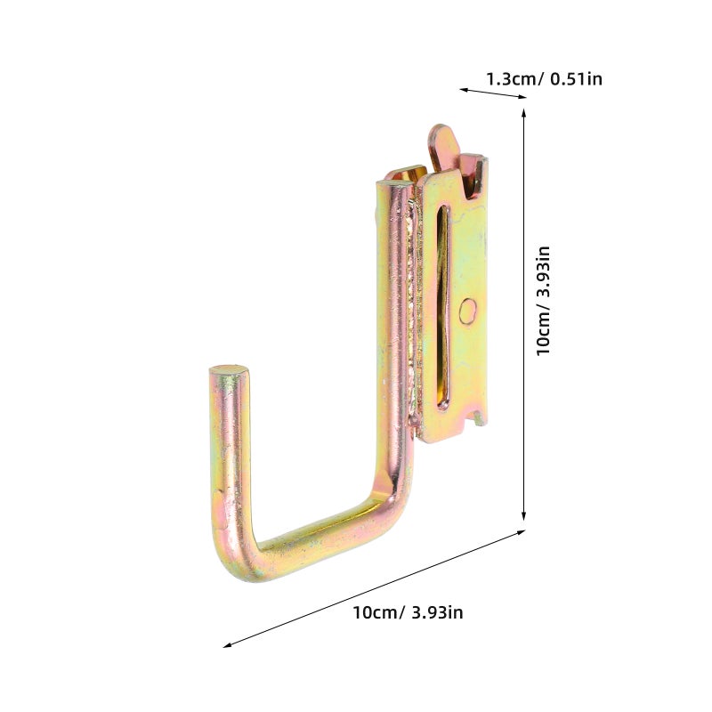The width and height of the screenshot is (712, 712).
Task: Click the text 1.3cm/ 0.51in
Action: [544, 79]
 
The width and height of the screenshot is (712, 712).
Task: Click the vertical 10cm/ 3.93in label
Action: [543, 301]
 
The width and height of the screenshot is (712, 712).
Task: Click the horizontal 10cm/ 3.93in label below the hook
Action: [408, 612]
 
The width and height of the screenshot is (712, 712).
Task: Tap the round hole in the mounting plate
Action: [468, 311]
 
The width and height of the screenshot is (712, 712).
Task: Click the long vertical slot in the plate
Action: [442, 306]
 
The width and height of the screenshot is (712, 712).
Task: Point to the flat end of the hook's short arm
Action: [229, 370]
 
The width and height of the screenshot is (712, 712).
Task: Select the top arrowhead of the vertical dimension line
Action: [523, 114]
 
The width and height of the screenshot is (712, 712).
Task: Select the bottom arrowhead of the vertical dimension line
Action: [523, 514]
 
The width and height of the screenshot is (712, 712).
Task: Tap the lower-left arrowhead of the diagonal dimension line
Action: [228, 644]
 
